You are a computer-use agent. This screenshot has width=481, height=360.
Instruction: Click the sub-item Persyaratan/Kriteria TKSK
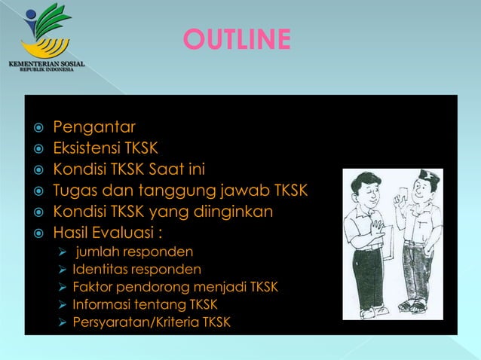[152, 323]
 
